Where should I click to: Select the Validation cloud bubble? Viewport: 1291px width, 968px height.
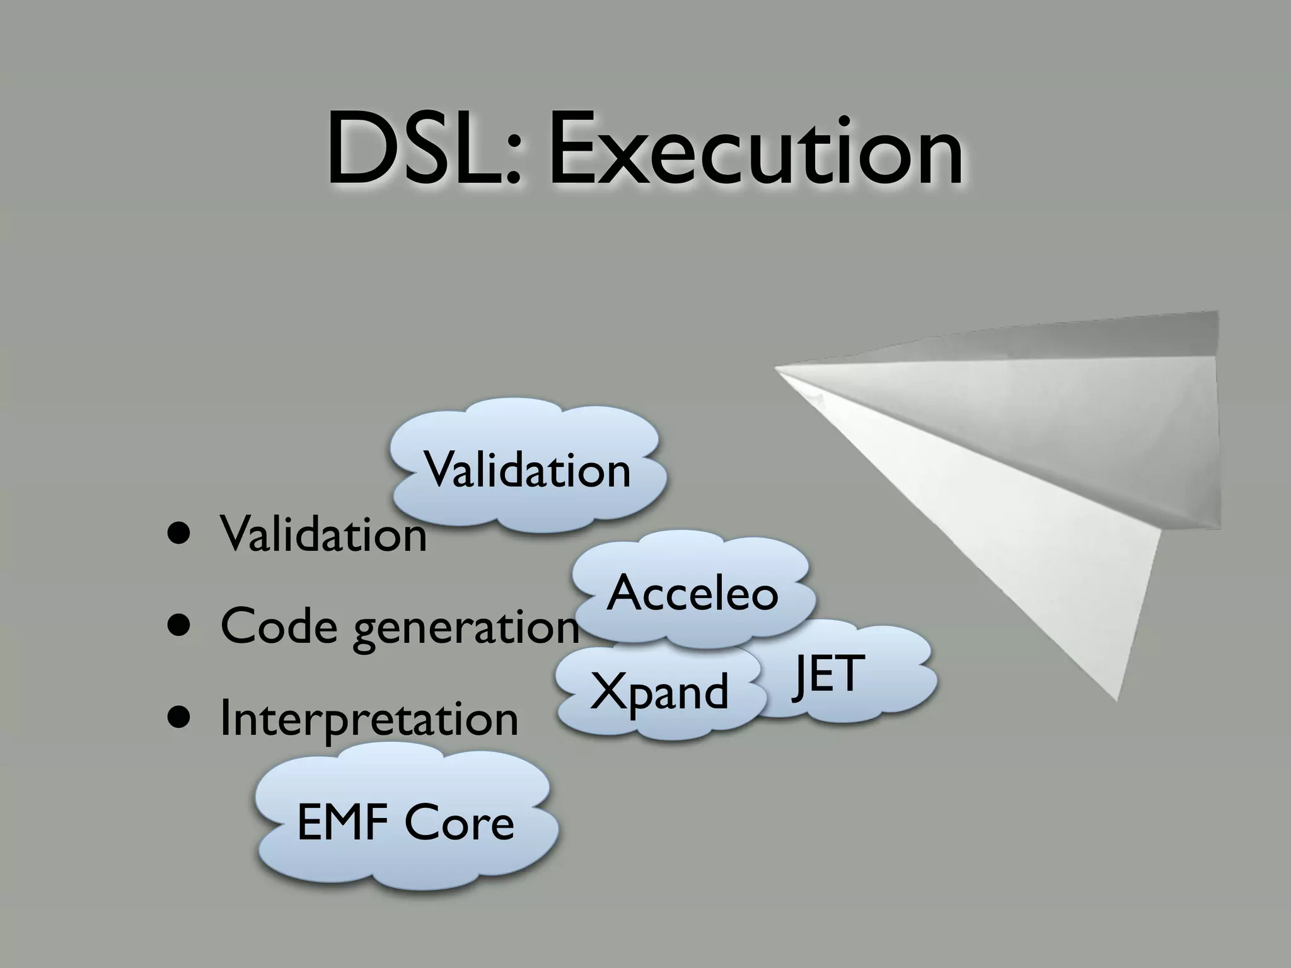click(527, 470)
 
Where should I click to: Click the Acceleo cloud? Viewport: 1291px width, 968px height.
click(692, 593)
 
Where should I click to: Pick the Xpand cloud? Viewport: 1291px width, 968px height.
click(659, 691)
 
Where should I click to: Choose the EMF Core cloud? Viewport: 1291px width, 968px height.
click(405, 822)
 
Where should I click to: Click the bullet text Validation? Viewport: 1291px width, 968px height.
click(323, 534)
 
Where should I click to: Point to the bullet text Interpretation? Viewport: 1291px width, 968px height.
click(369, 719)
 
